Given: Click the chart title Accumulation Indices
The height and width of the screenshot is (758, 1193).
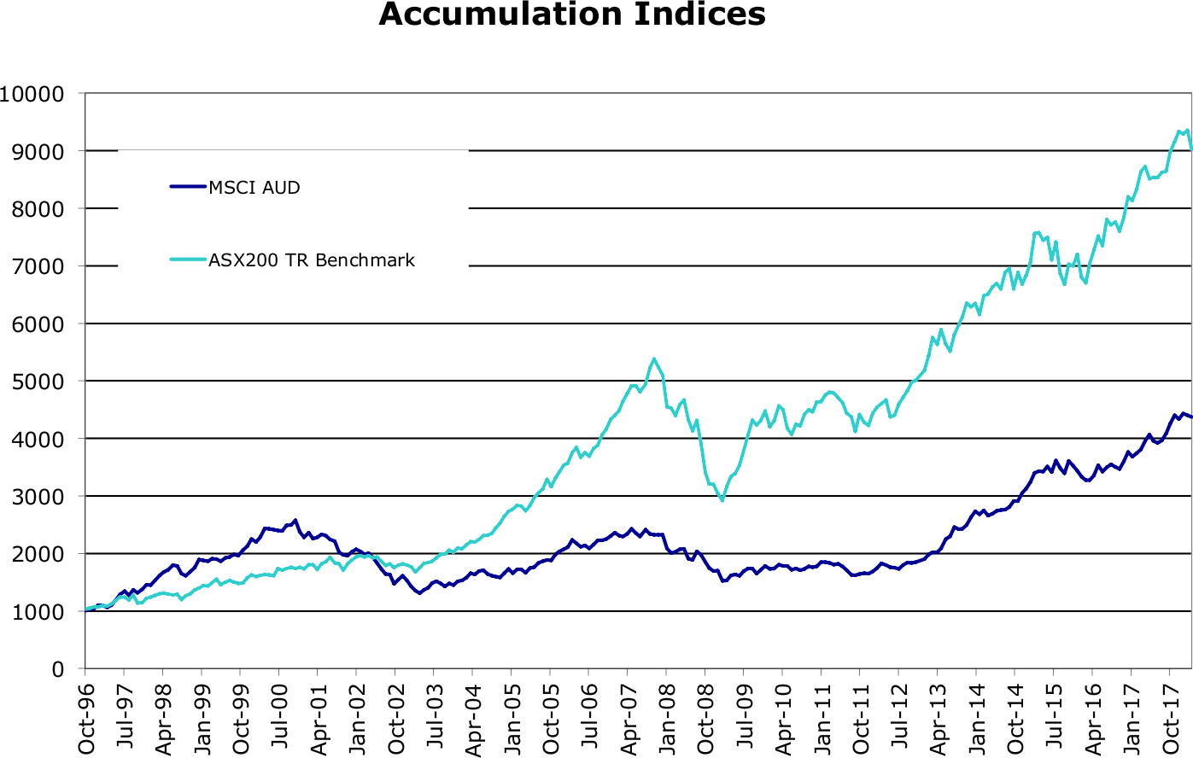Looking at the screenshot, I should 571,15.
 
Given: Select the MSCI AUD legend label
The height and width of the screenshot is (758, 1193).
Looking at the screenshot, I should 254,188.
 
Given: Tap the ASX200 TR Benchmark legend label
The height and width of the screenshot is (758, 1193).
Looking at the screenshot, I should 312,260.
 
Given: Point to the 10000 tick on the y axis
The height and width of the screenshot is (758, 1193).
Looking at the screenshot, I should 33,94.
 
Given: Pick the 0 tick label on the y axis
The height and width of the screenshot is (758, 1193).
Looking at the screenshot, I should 58,669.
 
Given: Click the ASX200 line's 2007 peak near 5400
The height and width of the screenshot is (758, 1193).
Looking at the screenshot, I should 653,359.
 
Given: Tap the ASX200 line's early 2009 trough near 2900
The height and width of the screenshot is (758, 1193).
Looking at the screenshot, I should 722,500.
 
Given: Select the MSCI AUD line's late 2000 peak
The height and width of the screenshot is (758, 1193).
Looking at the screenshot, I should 295,520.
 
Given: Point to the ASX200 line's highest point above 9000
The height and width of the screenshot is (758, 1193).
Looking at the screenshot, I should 1187,130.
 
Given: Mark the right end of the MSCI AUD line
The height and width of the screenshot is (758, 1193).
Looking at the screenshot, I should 1191,417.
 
